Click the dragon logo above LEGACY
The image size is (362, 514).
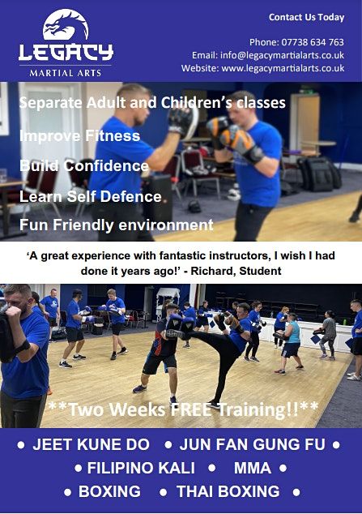point(66,24)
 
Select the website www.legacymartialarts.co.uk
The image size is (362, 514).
point(283,68)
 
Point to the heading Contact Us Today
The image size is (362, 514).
point(306,17)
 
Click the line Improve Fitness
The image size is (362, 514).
point(79,135)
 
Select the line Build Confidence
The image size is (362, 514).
point(84,166)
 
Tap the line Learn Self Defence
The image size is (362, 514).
point(91,196)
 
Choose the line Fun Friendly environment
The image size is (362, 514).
point(116,225)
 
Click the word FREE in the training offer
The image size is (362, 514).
point(178,409)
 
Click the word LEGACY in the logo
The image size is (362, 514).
point(66,54)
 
